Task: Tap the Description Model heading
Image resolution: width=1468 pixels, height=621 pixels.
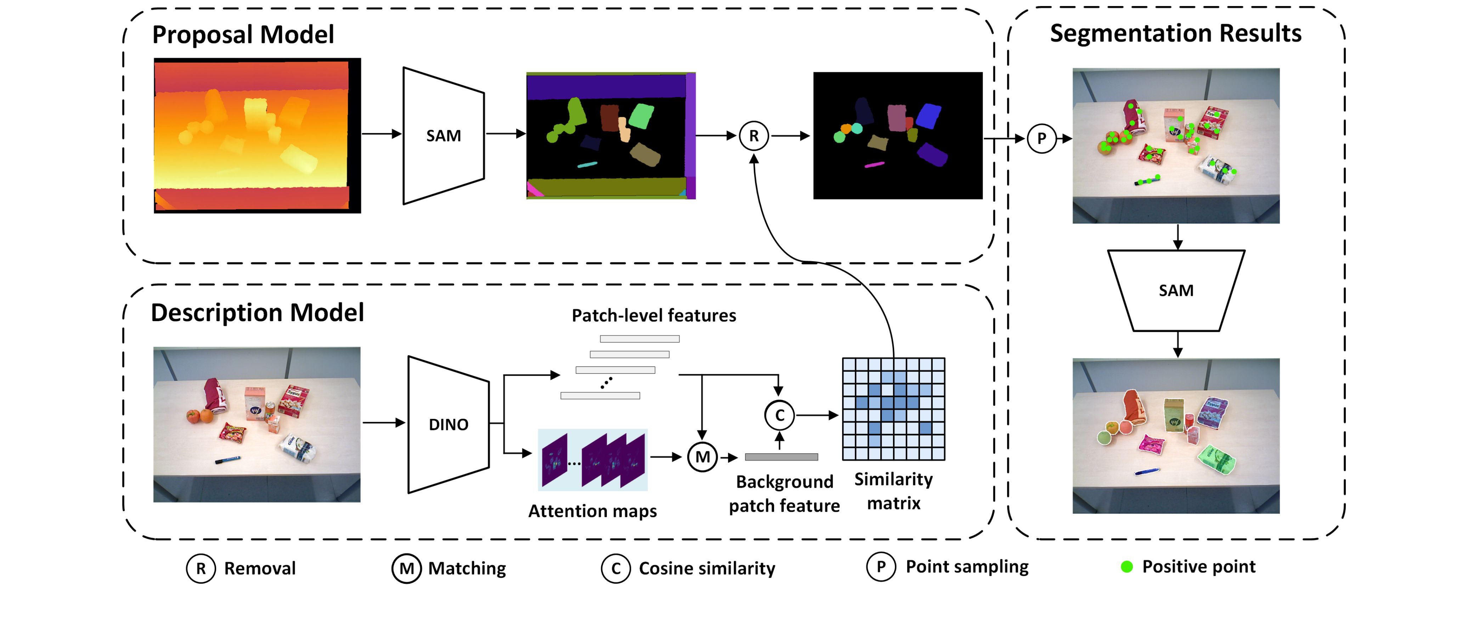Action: click(257, 313)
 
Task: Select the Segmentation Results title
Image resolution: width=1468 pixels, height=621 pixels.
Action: click(1176, 33)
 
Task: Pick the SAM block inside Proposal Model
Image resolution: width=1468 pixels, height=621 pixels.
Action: click(444, 136)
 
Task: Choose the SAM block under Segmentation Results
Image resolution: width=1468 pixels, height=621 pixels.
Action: click(1176, 290)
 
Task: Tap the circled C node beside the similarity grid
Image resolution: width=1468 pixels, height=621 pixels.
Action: click(779, 415)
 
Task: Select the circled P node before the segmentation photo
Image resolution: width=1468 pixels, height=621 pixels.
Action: click(1041, 138)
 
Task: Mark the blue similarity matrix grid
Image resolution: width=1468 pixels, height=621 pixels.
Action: click(893, 409)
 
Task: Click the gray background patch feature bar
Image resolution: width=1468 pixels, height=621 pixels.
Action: click(781, 457)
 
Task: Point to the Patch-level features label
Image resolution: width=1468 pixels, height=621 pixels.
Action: click(654, 315)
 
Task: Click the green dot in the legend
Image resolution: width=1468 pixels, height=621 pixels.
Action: click(1126, 567)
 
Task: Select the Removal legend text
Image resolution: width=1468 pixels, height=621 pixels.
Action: click(260, 569)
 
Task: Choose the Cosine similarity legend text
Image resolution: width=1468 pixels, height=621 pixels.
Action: click(707, 569)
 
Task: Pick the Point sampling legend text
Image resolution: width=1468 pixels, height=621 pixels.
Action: click(967, 567)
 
